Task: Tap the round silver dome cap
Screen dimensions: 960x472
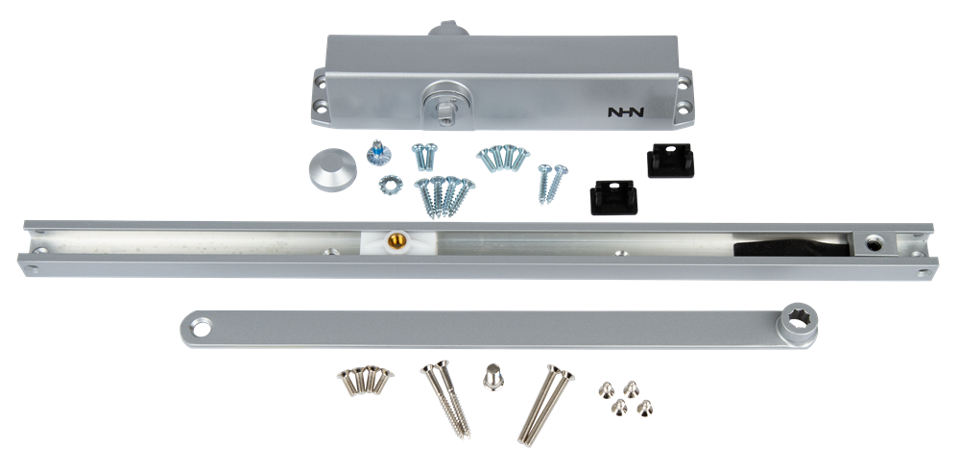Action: coord(332,169)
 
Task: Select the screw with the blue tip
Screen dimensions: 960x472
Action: coord(378,153)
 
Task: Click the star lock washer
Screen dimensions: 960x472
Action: coord(390,185)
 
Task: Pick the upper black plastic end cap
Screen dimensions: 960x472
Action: coord(670,160)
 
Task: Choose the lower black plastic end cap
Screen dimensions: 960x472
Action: coord(613,197)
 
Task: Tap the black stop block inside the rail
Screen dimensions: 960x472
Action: coord(791,246)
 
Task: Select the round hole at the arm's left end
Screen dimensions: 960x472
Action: coord(201,328)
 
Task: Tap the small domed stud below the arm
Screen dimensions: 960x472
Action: coord(492,377)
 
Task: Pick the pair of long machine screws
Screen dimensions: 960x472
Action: coord(545,404)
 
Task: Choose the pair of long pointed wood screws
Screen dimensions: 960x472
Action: coord(445,398)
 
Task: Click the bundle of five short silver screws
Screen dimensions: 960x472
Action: coord(365,380)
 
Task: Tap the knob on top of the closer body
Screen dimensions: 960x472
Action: coord(448,29)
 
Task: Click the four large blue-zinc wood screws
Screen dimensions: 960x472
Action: coord(444,197)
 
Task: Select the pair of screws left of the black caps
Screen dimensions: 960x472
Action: coord(552,184)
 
